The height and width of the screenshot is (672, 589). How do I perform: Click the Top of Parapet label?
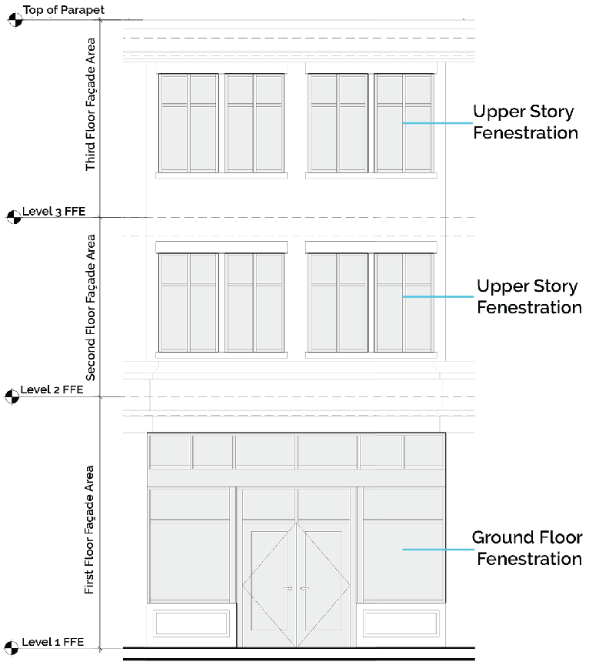[64, 11]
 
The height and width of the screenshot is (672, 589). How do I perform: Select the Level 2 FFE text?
[52, 389]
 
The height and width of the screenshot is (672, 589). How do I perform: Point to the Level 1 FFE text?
[52, 642]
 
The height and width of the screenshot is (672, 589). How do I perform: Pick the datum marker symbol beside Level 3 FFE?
[12, 217]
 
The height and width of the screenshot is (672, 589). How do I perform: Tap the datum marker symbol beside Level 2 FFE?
[12, 396]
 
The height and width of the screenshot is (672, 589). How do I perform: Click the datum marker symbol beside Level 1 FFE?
[12, 648]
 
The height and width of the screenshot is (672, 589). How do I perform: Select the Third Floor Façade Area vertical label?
[92, 104]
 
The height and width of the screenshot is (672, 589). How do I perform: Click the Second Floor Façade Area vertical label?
[91, 307]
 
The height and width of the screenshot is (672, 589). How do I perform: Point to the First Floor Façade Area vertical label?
[89, 529]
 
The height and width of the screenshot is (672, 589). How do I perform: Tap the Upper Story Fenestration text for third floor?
[524, 122]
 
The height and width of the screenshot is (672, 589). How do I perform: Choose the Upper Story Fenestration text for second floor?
[528, 296]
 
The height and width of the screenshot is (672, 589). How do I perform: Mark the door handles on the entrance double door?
[296, 588]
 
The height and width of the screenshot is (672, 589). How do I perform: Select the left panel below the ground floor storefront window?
[191, 623]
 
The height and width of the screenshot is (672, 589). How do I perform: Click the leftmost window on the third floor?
[188, 123]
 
